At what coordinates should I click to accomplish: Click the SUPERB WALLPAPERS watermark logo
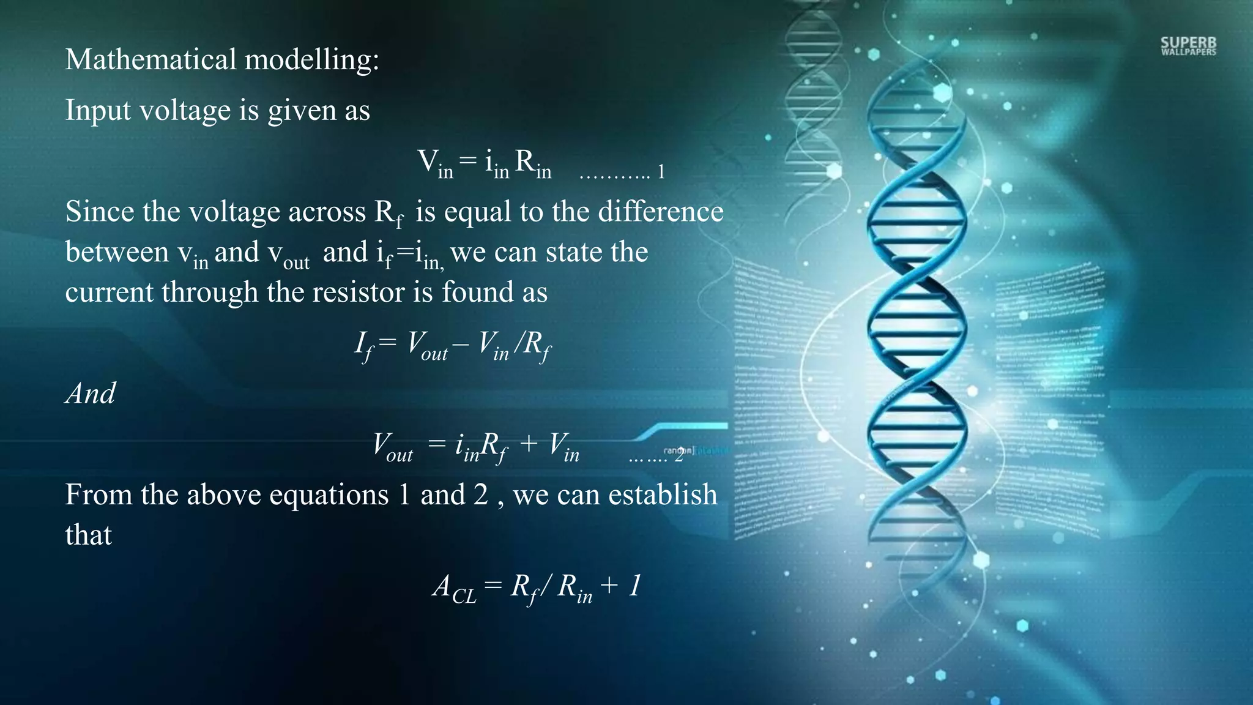1188,46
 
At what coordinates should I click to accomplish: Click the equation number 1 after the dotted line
661,173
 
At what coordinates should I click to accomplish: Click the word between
117,252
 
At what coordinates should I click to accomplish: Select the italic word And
91,394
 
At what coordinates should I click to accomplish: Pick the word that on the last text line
89,535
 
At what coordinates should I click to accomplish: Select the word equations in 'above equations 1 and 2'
329,495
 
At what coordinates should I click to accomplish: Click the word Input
98,111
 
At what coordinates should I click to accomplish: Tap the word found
477,292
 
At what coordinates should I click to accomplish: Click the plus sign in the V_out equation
528,444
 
